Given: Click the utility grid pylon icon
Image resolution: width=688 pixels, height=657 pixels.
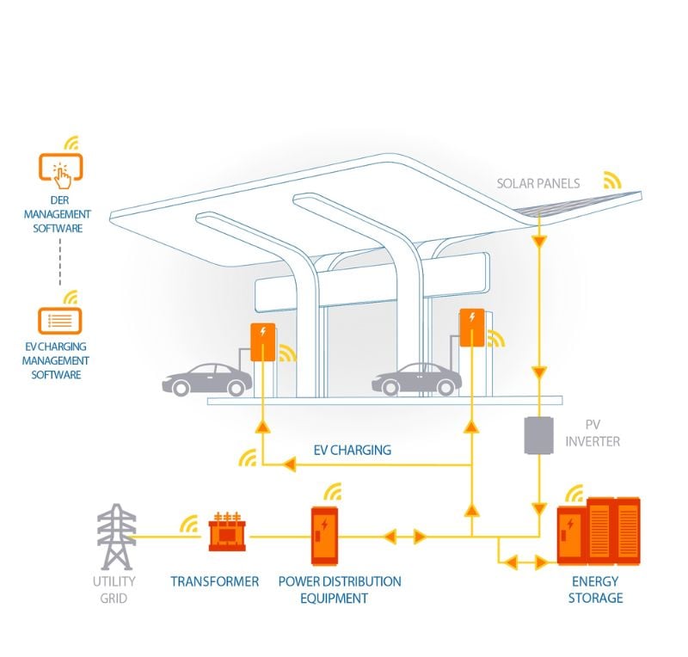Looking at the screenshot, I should (x=116, y=537).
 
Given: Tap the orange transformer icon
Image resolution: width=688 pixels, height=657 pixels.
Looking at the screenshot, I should (x=225, y=534).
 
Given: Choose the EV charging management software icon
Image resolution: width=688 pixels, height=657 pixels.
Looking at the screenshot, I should (x=59, y=321).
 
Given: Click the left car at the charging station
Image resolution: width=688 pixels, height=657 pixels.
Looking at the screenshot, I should (x=207, y=379).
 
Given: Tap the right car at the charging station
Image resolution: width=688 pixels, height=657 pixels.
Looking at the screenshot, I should (x=416, y=379).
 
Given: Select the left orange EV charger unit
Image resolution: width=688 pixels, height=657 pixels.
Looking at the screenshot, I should (x=263, y=341).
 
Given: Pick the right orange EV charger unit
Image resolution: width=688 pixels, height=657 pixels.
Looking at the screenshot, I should (x=471, y=328).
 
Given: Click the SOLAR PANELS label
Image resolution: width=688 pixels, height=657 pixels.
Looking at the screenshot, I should (x=538, y=183).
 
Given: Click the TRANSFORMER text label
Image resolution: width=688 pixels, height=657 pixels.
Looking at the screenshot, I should (x=214, y=582).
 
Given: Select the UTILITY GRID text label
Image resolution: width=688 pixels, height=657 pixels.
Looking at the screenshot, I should (x=115, y=589).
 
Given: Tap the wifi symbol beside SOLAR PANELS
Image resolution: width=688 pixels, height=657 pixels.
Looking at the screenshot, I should (x=611, y=179).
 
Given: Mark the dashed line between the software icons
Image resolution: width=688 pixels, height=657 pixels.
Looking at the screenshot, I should (x=59, y=263).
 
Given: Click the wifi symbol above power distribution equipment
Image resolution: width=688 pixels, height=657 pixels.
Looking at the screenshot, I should (x=332, y=493).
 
